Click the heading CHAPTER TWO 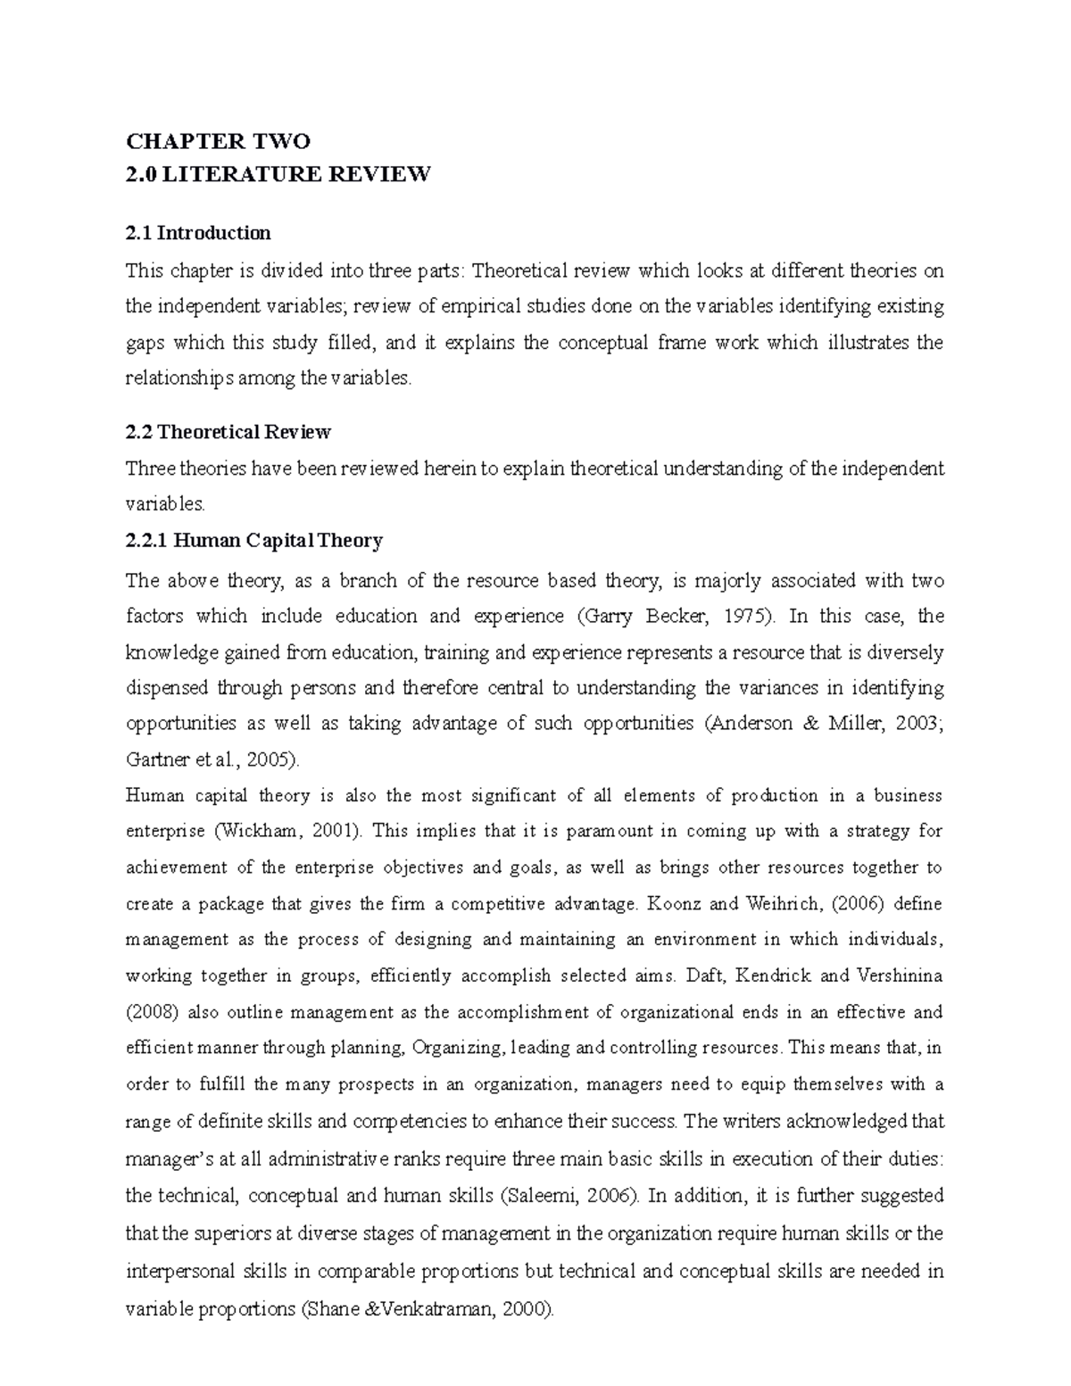pyautogui.click(x=218, y=141)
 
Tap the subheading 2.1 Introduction pyautogui.click(x=198, y=234)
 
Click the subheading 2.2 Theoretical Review pyautogui.click(x=228, y=433)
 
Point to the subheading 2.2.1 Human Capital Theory pyautogui.click(x=254, y=541)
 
